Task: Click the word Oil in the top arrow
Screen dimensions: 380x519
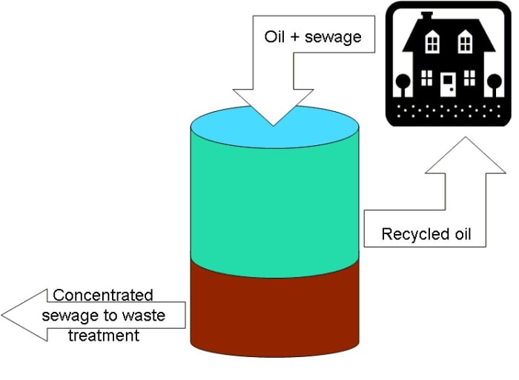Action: [x=274, y=36]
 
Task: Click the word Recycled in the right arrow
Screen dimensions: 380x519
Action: [x=411, y=235]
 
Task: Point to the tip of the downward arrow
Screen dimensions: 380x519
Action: [x=273, y=124]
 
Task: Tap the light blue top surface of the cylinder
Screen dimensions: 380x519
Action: [x=222, y=122]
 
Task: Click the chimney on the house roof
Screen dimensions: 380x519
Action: [x=426, y=16]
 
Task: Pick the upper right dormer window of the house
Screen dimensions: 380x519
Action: [x=465, y=44]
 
